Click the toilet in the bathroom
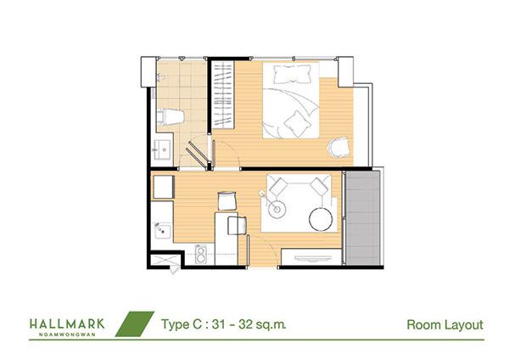(x=171, y=116)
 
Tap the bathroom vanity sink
(x=162, y=149)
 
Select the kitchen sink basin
(x=162, y=230)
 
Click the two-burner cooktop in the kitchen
(x=201, y=254)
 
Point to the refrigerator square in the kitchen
(x=164, y=187)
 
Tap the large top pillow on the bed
(x=291, y=74)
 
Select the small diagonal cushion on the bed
(x=297, y=124)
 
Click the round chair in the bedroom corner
(x=338, y=148)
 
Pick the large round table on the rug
(x=321, y=219)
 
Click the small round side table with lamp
(x=277, y=209)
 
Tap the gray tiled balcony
(x=362, y=217)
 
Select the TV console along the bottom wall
(x=311, y=257)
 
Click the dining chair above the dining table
(x=227, y=200)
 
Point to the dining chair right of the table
(x=238, y=225)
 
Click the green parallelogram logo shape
(x=135, y=323)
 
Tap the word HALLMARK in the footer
(x=67, y=324)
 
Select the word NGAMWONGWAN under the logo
(x=67, y=335)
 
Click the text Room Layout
(x=445, y=324)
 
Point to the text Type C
(x=182, y=324)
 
